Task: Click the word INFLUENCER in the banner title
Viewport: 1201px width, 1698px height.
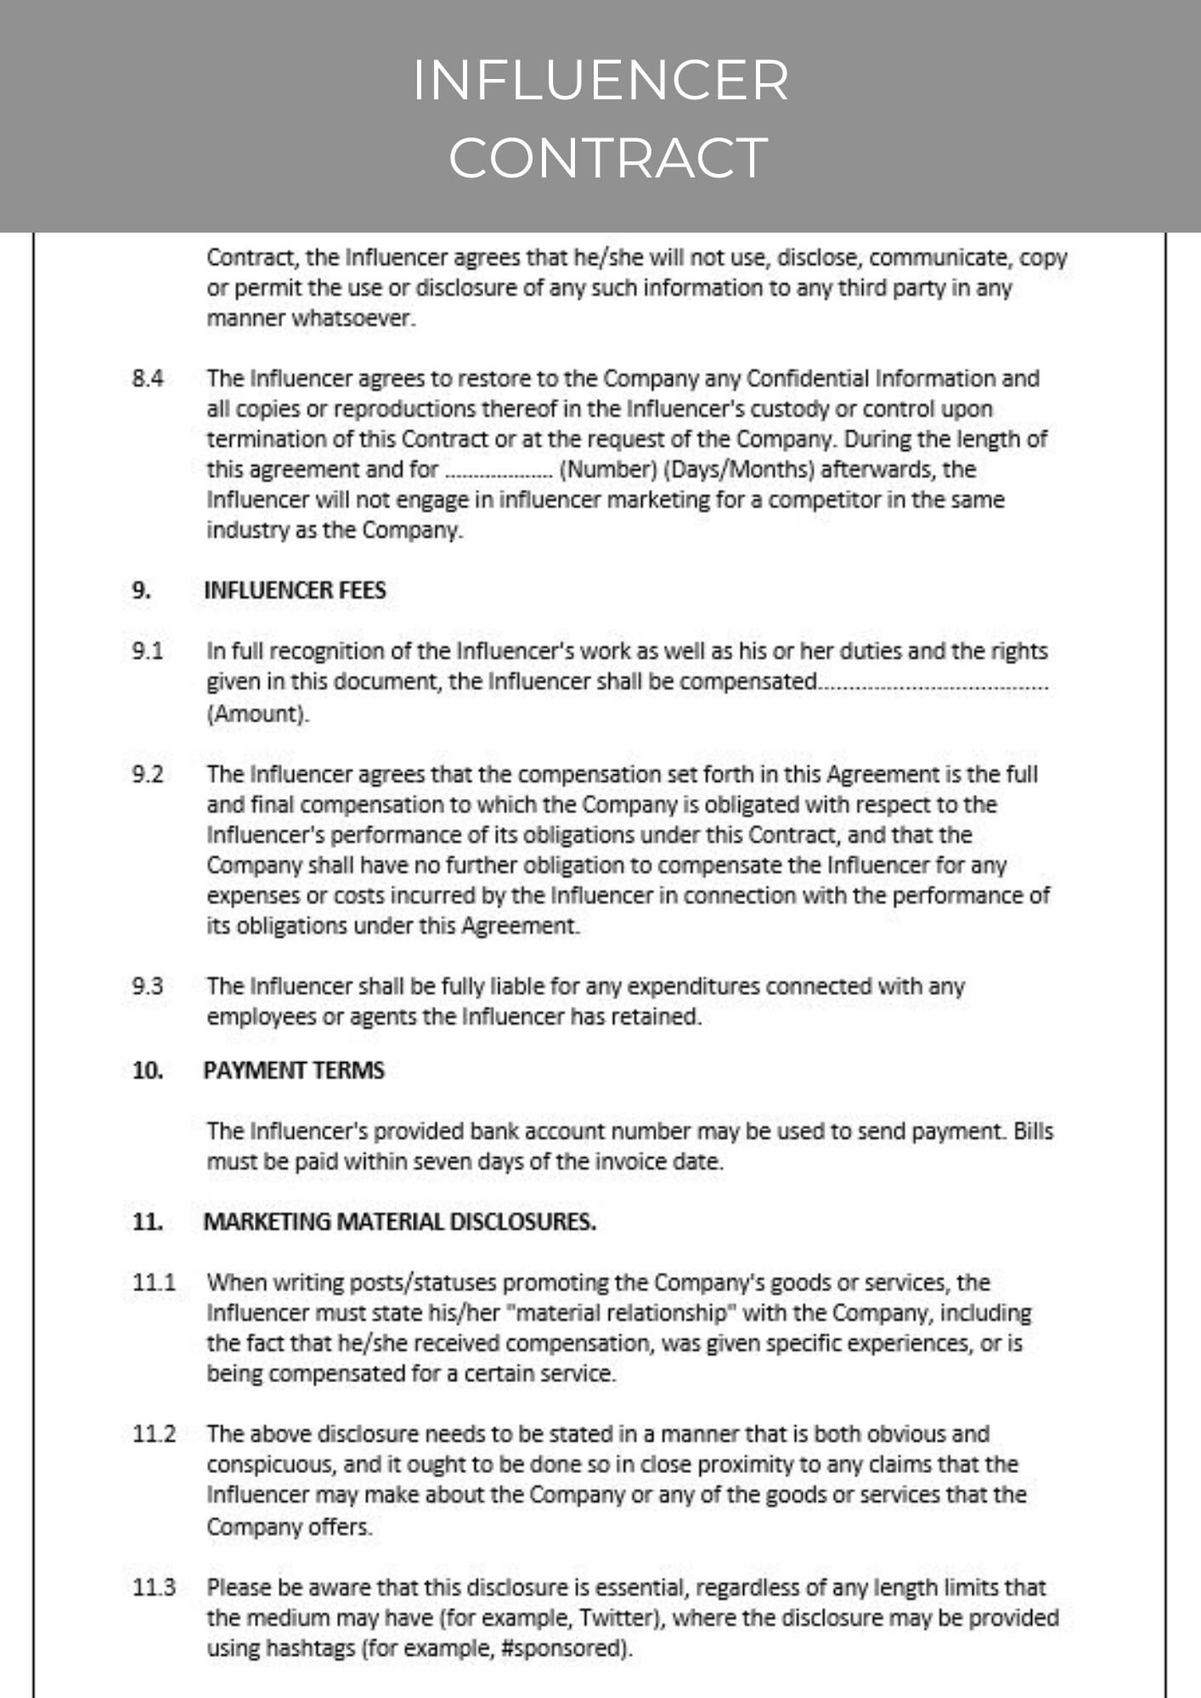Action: (600, 81)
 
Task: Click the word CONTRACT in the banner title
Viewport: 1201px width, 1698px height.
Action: (608, 158)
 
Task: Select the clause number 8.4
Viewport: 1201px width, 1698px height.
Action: (148, 379)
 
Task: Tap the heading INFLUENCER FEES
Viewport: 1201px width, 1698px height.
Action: (295, 590)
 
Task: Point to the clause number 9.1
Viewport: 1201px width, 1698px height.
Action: (148, 651)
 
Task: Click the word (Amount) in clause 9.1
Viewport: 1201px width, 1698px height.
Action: (257, 713)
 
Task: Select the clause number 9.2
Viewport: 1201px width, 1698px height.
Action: (148, 774)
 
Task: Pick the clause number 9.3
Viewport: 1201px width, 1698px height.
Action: (148, 987)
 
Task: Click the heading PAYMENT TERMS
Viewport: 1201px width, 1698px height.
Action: (294, 1071)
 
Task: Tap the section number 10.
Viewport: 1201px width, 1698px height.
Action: (147, 1071)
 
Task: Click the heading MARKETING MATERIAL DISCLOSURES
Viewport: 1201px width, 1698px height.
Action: (399, 1222)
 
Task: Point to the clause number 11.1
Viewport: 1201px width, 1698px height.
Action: (154, 1282)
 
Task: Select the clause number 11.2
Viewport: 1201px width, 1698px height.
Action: (154, 1434)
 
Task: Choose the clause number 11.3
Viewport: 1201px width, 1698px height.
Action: (154, 1587)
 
